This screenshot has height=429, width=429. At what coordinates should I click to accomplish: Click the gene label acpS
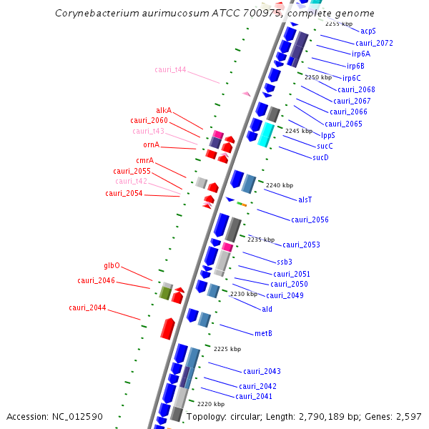[x=368, y=31]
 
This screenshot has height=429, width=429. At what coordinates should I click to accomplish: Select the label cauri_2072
[x=375, y=43]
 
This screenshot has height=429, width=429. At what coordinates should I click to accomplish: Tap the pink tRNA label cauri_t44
[x=170, y=69]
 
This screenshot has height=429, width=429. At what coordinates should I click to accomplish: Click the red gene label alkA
[x=164, y=110]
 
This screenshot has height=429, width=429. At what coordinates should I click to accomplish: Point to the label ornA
[x=151, y=144]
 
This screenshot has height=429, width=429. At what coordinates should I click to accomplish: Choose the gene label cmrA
[x=144, y=160]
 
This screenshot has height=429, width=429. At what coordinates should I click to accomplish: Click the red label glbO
[x=112, y=265]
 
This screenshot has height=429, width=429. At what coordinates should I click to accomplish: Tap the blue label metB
[x=263, y=333]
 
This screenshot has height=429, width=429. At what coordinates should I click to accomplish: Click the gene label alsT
[x=305, y=199]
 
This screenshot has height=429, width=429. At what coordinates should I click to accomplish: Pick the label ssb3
[x=285, y=261]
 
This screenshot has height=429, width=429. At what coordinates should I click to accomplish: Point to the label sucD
[x=320, y=157]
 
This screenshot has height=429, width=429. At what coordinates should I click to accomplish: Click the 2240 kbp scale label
[x=279, y=185]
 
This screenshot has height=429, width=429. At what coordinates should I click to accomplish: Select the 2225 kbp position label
[x=227, y=349]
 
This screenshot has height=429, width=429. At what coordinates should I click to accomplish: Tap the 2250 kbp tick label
[x=318, y=77]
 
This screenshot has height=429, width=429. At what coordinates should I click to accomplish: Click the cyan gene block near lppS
[x=265, y=134]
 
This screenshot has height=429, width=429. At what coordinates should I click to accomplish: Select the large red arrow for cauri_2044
[x=167, y=328]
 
